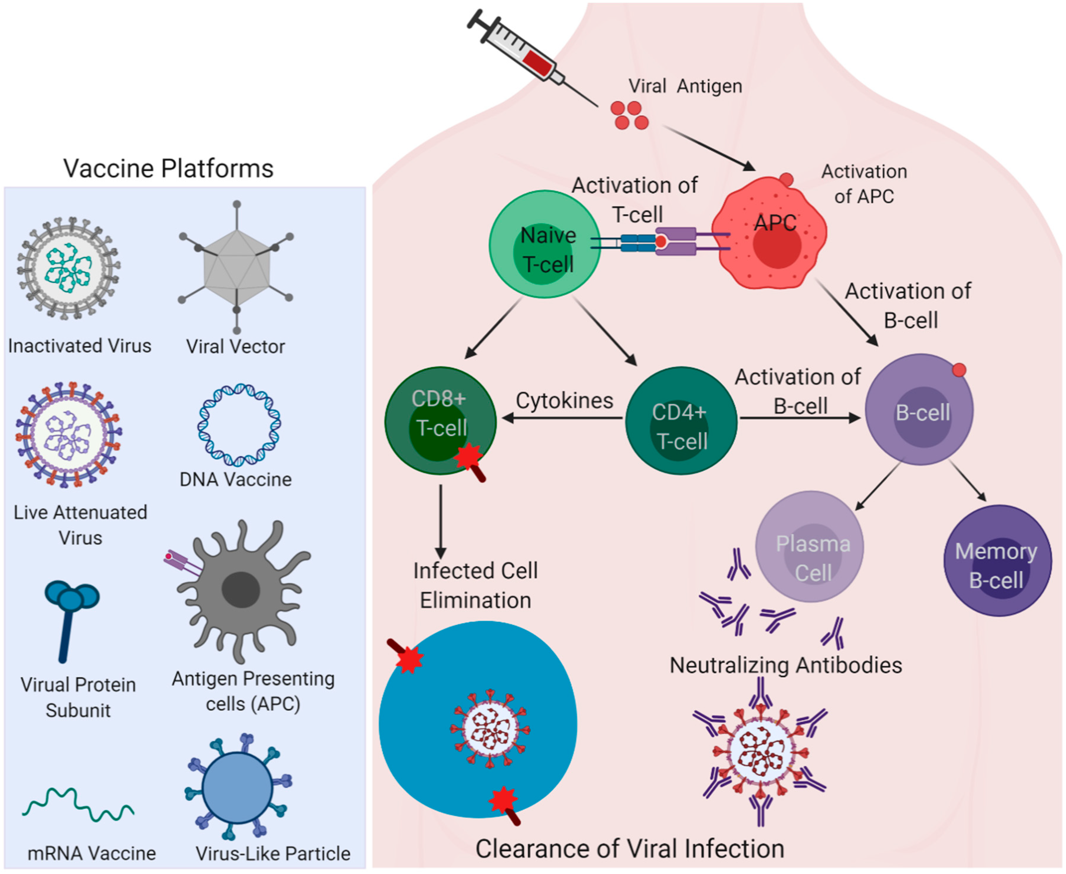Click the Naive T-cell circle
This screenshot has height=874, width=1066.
coord(545,244)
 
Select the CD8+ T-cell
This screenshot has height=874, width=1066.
coord(440,420)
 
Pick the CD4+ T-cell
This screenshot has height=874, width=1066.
coord(681,420)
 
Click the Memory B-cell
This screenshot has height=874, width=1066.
coord(997,560)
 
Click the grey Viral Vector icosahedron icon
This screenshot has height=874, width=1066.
coord(237,267)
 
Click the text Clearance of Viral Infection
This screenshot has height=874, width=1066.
coord(629,848)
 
